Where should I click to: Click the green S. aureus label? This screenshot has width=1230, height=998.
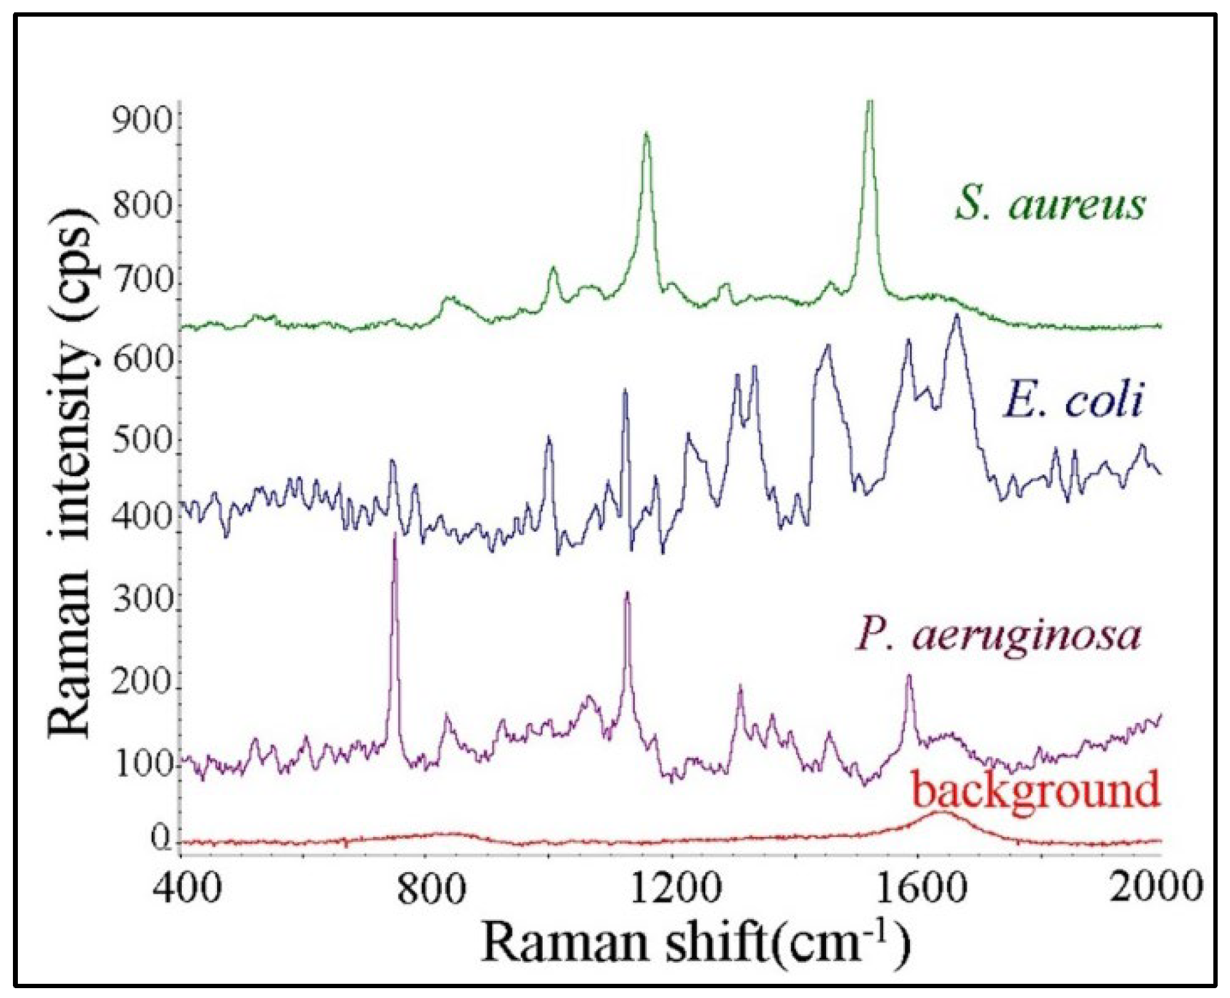click(x=1050, y=204)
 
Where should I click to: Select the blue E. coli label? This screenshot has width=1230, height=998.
click(x=1073, y=400)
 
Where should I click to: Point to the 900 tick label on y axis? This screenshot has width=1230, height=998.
click(x=142, y=121)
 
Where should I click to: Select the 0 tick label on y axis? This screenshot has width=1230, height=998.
click(x=162, y=839)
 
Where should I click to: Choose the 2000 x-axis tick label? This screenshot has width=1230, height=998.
click(x=1156, y=889)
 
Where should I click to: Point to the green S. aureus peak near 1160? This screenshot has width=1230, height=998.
click(x=646, y=134)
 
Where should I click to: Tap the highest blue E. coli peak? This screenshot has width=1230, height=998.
click(x=957, y=316)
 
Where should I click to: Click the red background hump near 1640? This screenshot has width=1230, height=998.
click(x=940, y=812)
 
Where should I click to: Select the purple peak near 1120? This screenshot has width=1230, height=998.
click(x=627, y=593)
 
